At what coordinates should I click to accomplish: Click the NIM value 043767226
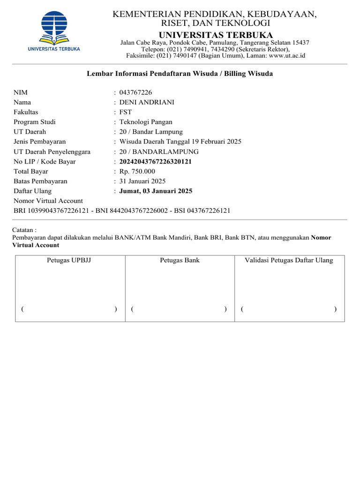[x=135, y=92]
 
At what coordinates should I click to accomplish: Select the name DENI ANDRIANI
[x=147, y=102]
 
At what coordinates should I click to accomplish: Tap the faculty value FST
[x=126, y=112]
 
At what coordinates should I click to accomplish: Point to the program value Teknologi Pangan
[x=146, y=122]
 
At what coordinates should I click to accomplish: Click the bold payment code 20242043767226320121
[x=156, y=162]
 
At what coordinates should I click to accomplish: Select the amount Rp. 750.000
[x=137, y=172]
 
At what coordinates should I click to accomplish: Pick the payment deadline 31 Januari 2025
[x=142, y=181]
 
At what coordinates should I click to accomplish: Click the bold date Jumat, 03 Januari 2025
[x=156, y=191]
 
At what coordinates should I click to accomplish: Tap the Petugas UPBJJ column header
[x=69, y=260]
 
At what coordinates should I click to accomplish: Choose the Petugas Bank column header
[x=180, y=260]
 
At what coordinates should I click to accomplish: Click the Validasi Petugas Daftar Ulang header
[x=289, y=260]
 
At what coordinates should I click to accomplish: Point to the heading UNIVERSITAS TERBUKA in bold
[x=216, y=35]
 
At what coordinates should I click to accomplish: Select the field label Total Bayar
[x=31, y=172]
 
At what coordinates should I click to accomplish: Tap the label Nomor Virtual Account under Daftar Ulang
[x=48, y=201]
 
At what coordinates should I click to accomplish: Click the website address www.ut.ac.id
[x=287, y=55]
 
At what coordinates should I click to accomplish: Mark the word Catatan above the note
[x=24, y=230]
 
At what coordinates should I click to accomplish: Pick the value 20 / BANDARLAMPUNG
[x=159, y=152]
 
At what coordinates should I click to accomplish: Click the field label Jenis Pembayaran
[x=40, y=142]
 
